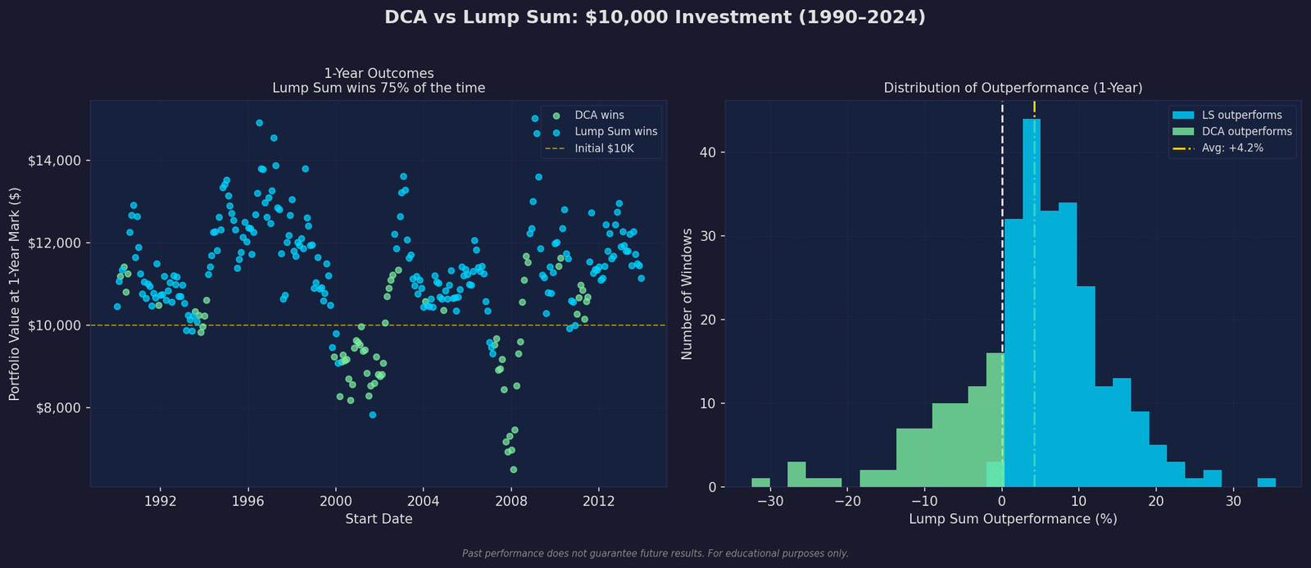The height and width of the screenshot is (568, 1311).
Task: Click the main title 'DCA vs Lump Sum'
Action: (x=655, y=17)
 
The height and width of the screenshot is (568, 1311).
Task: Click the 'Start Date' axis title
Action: (x=379, y=519)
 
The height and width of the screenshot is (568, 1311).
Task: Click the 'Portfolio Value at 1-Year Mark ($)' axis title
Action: (x=15, y=293)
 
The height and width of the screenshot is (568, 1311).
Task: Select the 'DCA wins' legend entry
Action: (x=599, y=115)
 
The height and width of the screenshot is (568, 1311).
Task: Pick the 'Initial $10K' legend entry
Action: (x=604, y=149)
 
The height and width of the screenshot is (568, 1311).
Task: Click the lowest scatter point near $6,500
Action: (x=514, y=470)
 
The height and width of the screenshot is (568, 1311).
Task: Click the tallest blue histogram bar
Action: (x=1032, y=303)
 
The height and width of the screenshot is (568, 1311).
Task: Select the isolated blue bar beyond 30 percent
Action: (x=1266, y=483)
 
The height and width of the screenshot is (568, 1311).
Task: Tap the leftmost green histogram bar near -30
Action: (x=760, y=483)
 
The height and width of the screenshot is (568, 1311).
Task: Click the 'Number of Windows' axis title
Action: (x=687, y=293)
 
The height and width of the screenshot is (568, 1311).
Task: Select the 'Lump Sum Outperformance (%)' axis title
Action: (x=1013, y=519)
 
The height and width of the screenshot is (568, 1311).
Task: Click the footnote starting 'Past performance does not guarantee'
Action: (x=655, y=554)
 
